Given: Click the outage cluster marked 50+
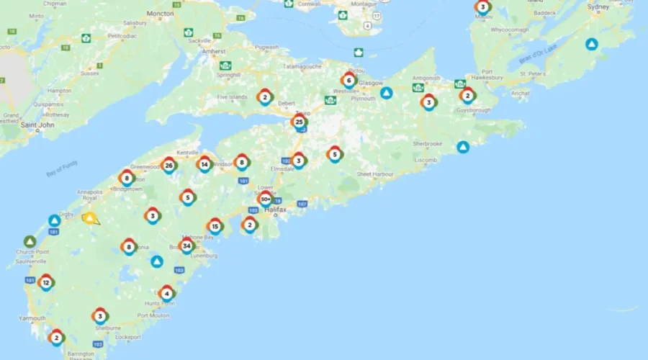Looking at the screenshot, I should click(x=265, y=199).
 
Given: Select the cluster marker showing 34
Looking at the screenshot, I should click(x=187, y=246).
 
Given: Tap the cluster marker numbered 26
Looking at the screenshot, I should click(x=168, y=166).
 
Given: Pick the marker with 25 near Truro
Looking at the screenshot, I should click(x=299, y=122).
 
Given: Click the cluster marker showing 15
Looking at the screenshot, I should click(x=215, y=226).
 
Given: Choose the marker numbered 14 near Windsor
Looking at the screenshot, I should click(x=204, y=164).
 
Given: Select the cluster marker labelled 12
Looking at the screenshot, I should click(x=46, y=282).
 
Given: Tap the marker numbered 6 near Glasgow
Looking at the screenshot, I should click(x=348, y=80).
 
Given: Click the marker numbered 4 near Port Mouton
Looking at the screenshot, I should click(x=167, y=293).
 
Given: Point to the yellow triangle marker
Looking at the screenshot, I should click(x=90, y=217).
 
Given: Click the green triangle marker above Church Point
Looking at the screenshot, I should click(x=30, y=241).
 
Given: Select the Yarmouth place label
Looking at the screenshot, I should click(x=32, y=318).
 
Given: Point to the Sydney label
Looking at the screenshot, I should click(x=598, y=6).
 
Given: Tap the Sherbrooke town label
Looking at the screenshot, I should click(x=427, y=144).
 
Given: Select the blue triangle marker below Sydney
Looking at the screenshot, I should click(x=591, y=44).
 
